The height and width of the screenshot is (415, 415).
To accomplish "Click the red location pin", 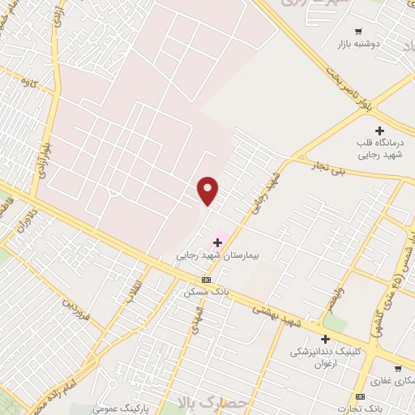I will pyautogui.click(x=208, y=190).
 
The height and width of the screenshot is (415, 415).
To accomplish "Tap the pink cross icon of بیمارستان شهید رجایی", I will pyautogui.click(x=217, y=242).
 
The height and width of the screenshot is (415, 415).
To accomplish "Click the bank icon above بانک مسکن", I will pyautogui.click(x=206, y=279).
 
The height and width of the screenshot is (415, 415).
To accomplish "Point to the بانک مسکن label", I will pyautogui.click(x=206, y=290).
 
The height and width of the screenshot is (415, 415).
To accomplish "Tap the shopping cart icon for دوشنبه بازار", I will pyautogui.click(x=357, y=32).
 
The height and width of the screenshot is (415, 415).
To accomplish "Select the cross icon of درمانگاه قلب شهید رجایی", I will pyautogui.click(x=379, y=130).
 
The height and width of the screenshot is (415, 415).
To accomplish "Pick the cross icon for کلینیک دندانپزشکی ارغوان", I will pyautogui.click(x=326, y=339).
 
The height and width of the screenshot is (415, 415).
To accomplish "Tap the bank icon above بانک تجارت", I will pyautogui.click(x=360, y=396).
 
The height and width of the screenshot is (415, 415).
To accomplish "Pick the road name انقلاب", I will pyautogui.click(x=134, y=292).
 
